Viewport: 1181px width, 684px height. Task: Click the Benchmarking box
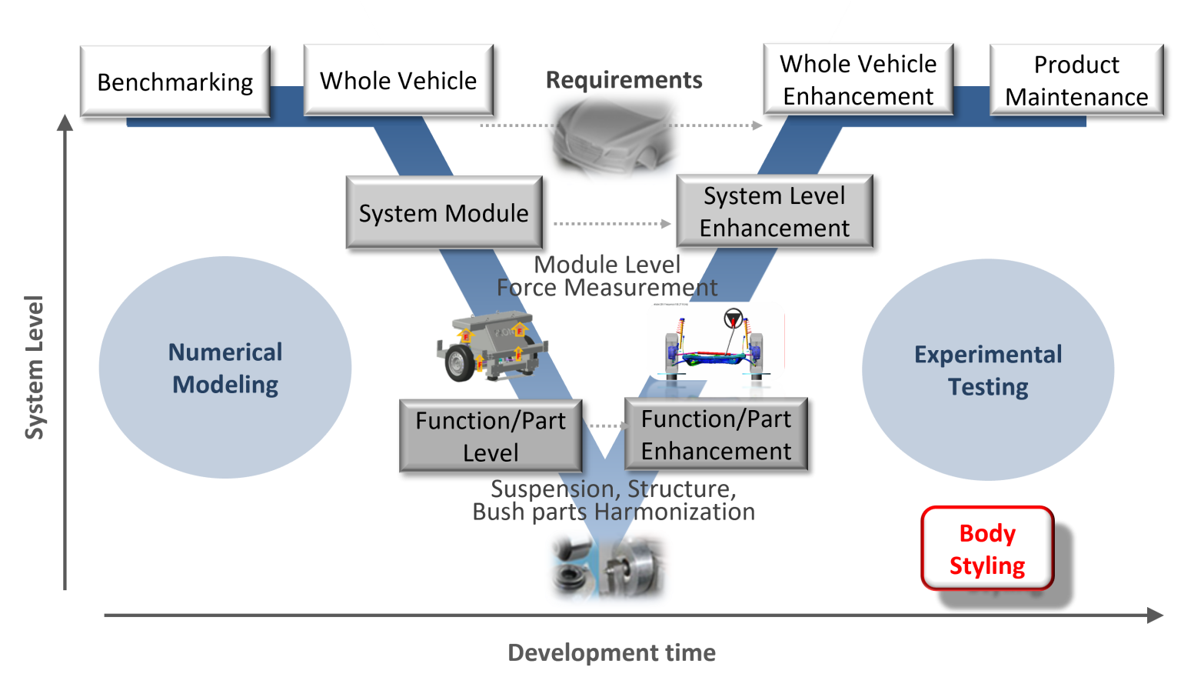click(x=175, y=82)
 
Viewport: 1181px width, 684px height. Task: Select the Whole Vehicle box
click(x=398, y=80)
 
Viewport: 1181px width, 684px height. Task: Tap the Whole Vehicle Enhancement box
click(x=858, y=80)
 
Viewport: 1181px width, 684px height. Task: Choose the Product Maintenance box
click(x=1076, y=80)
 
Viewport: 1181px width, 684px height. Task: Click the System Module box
click(x=444, y=212)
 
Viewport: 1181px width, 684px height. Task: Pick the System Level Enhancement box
click(x=774, y=212)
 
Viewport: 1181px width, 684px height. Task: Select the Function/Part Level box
click(x=491, y=435)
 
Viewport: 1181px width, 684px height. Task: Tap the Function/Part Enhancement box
click(x=716, y=434)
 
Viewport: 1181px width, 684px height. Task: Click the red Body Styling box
click(x=986, y=549)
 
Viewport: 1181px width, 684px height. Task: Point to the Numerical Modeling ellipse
click(x=225, y=368)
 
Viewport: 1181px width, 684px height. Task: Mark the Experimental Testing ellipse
click(x=988, y=370)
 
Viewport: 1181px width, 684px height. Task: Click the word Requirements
click(x=624, y=80)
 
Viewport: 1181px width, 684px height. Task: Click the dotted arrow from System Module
click(x=611, y=224)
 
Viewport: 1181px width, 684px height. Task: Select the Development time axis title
click(x=612, y=653)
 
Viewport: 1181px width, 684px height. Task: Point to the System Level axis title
click(x=35, y=368)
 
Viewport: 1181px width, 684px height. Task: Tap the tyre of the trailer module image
click(x=461, y=363)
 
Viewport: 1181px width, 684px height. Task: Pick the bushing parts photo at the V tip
click(x=609, y=569)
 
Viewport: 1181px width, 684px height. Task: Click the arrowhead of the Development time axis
click(x=1155, y=615)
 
